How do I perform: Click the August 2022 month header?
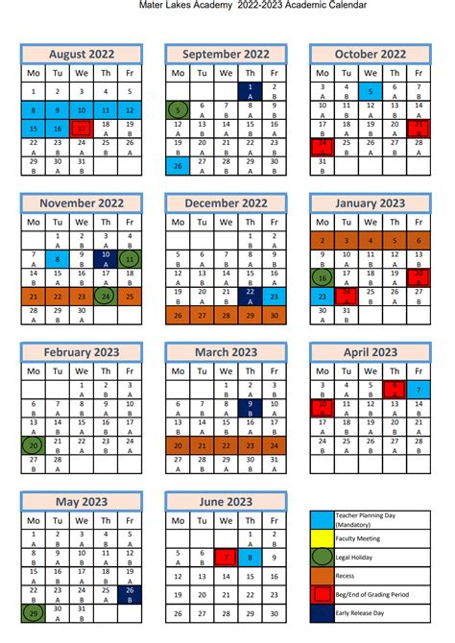(82, 55)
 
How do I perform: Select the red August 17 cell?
(83, 128)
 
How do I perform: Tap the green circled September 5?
(178, 109)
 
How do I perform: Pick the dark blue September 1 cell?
(250, 92)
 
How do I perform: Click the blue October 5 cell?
(370, 92)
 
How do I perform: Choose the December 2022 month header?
(226, 203)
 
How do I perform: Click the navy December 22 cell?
(250, 296)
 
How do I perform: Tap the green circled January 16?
(322, 278)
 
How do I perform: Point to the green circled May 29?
(34, 613)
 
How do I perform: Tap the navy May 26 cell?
(130, 595)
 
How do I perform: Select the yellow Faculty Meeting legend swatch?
(322, 538)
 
